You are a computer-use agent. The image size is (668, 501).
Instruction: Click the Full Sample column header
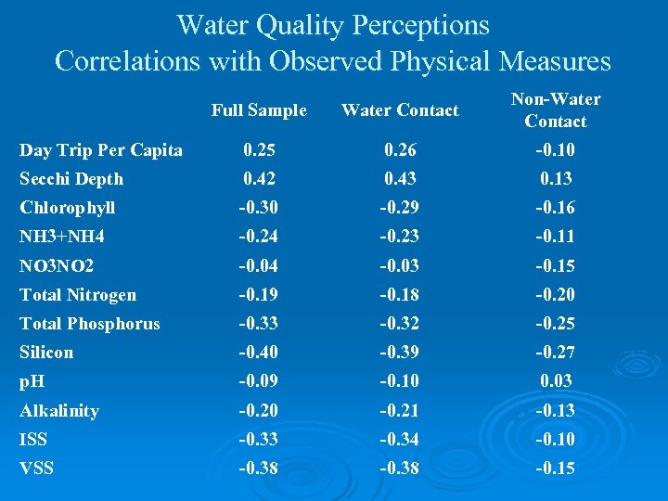[x=258, y=110]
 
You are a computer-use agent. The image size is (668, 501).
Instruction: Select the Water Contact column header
[x=400, y=110]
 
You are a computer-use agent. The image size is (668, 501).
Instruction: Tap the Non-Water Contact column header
[x=556, y=109]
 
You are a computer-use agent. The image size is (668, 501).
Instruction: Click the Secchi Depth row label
[x=71, y=179]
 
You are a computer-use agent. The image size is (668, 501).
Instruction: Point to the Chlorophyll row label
[x=68, y=208]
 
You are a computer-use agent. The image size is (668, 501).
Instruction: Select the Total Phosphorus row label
[x=90, y=324]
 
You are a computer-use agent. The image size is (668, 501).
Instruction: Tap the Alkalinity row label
[x=59, y=411]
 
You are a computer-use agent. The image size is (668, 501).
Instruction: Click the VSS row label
[x=36, y=469]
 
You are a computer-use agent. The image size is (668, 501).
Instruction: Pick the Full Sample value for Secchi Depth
[x=258, y=179]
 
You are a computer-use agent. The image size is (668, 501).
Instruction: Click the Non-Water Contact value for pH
[x=556, y=381]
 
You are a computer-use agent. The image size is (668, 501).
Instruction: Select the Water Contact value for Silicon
[x=400, y=353]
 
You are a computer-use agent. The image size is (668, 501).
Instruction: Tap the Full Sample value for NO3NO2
[x=258, y=266]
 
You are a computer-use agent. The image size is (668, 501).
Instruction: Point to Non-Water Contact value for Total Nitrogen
[x=556, y=295]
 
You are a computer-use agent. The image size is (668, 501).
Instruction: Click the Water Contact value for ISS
[x=400, y=440]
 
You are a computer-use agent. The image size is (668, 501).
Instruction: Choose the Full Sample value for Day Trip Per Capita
[x=258, y=150]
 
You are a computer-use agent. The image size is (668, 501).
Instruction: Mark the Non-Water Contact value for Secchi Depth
[x=556, y=179]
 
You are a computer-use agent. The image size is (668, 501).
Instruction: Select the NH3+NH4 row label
[x=62, y=237]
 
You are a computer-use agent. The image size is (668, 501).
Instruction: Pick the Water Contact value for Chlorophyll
[x=400, y=208]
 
